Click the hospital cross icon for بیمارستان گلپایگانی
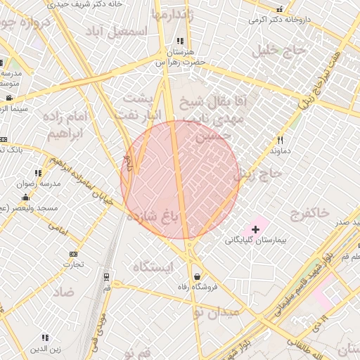(255, 229)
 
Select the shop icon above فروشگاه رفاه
(195, 276)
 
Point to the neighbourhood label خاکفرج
(309, 212)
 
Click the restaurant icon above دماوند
(279, 140)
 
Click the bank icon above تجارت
(73, 254)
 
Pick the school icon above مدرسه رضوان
(38, 172)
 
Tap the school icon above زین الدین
(45, 338)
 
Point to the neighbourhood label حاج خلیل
(281, 50)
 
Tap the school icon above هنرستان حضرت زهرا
(181, 41)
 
